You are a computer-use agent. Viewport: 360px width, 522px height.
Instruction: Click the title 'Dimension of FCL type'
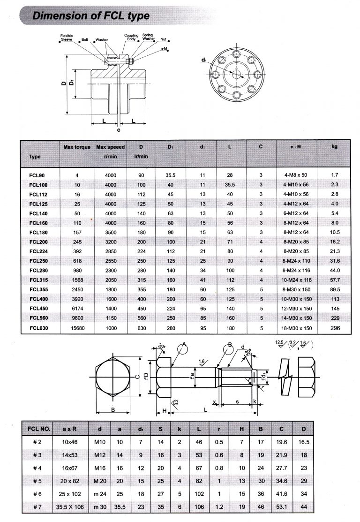tap(90, 16)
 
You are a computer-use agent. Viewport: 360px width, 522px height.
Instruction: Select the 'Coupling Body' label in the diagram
tap(131, 38)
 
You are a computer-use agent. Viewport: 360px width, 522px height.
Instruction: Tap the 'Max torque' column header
tap(77, 147)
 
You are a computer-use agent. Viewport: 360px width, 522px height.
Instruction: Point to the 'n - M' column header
tap(295, 147)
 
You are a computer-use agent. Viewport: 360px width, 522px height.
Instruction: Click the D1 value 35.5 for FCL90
tap(171, 175)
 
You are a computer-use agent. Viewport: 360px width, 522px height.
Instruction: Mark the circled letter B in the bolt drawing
tap(230, 348)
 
